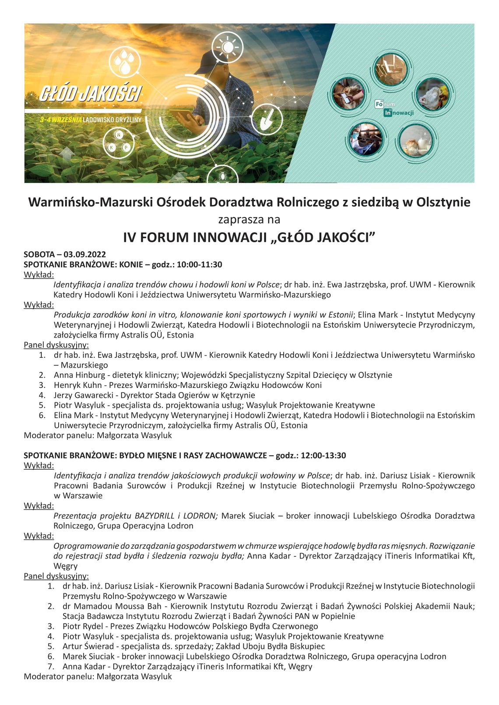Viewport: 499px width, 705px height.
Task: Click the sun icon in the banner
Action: click(x=227, y=46)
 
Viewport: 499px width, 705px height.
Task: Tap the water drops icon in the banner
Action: click(x=124, y=61)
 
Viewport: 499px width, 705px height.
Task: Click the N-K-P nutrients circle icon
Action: click(x=119, y=142)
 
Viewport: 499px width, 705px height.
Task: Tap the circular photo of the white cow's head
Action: click(x=433, y=95)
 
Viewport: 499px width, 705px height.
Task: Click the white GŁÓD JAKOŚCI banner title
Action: click(x=91, y=94)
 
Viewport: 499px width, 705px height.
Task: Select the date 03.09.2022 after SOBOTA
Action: click(x=84, y=255)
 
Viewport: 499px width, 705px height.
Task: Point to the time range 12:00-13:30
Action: click(x=323, y=455)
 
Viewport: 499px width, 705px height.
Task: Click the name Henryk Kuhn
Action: click(x=78, y=385)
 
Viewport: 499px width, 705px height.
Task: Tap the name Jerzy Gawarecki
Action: click(x=81, y=395)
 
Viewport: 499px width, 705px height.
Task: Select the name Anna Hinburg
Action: click(x=79, y=375)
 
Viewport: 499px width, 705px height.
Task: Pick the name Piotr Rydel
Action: click(x=82, y=626)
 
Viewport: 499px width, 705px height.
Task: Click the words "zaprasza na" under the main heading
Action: click(x=249, y=219)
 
